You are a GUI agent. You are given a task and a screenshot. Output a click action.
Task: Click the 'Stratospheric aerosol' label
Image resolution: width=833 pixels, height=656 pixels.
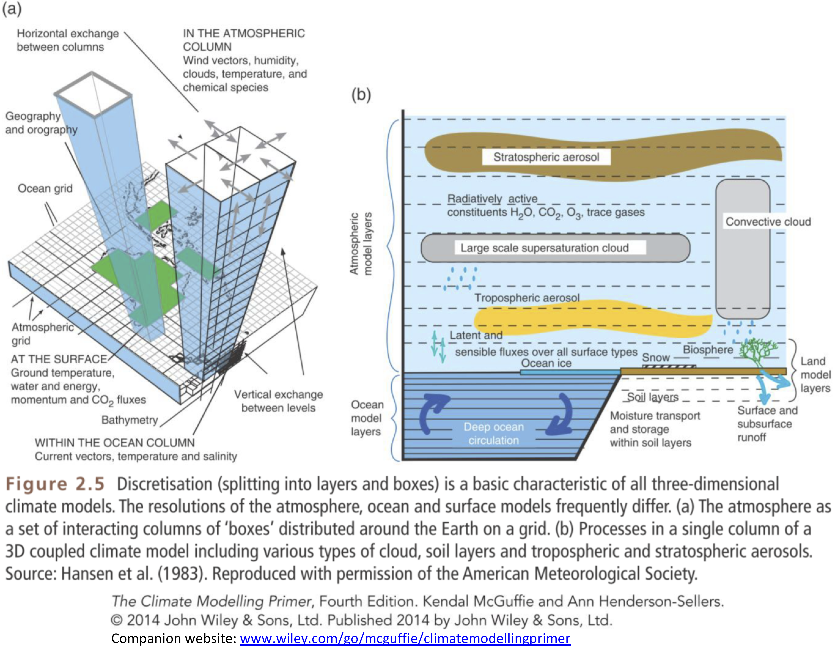point(546,157)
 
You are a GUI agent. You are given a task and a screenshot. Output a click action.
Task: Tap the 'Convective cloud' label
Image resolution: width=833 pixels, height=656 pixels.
point(768,222)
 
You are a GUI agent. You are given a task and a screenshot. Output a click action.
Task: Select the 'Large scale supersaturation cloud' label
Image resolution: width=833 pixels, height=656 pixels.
point(544,248)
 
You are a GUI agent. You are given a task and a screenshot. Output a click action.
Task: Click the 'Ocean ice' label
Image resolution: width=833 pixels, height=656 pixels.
point(546,363)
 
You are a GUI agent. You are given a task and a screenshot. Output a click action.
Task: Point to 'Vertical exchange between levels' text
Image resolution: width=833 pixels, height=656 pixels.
point(278,401)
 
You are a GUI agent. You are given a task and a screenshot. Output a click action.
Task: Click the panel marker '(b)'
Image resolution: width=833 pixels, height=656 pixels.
point(361,94)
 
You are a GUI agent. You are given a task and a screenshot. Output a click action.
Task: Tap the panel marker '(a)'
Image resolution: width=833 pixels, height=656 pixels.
point(11,9)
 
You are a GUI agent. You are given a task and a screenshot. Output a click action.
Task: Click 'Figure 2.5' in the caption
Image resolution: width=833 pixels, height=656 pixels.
point(55,484)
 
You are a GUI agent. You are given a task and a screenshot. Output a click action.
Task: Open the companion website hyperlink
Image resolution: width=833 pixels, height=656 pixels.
point(405,638)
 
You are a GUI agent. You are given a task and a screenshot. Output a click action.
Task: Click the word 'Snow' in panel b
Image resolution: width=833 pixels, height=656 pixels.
point(656,357)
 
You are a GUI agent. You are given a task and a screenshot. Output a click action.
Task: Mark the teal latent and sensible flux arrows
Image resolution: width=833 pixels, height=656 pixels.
point(438,347)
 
